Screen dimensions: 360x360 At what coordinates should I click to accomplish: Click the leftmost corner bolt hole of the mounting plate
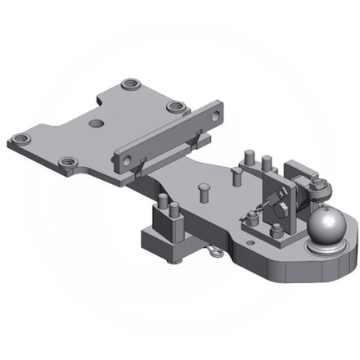(19, 140)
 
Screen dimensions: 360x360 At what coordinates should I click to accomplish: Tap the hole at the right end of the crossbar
(214, 115)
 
